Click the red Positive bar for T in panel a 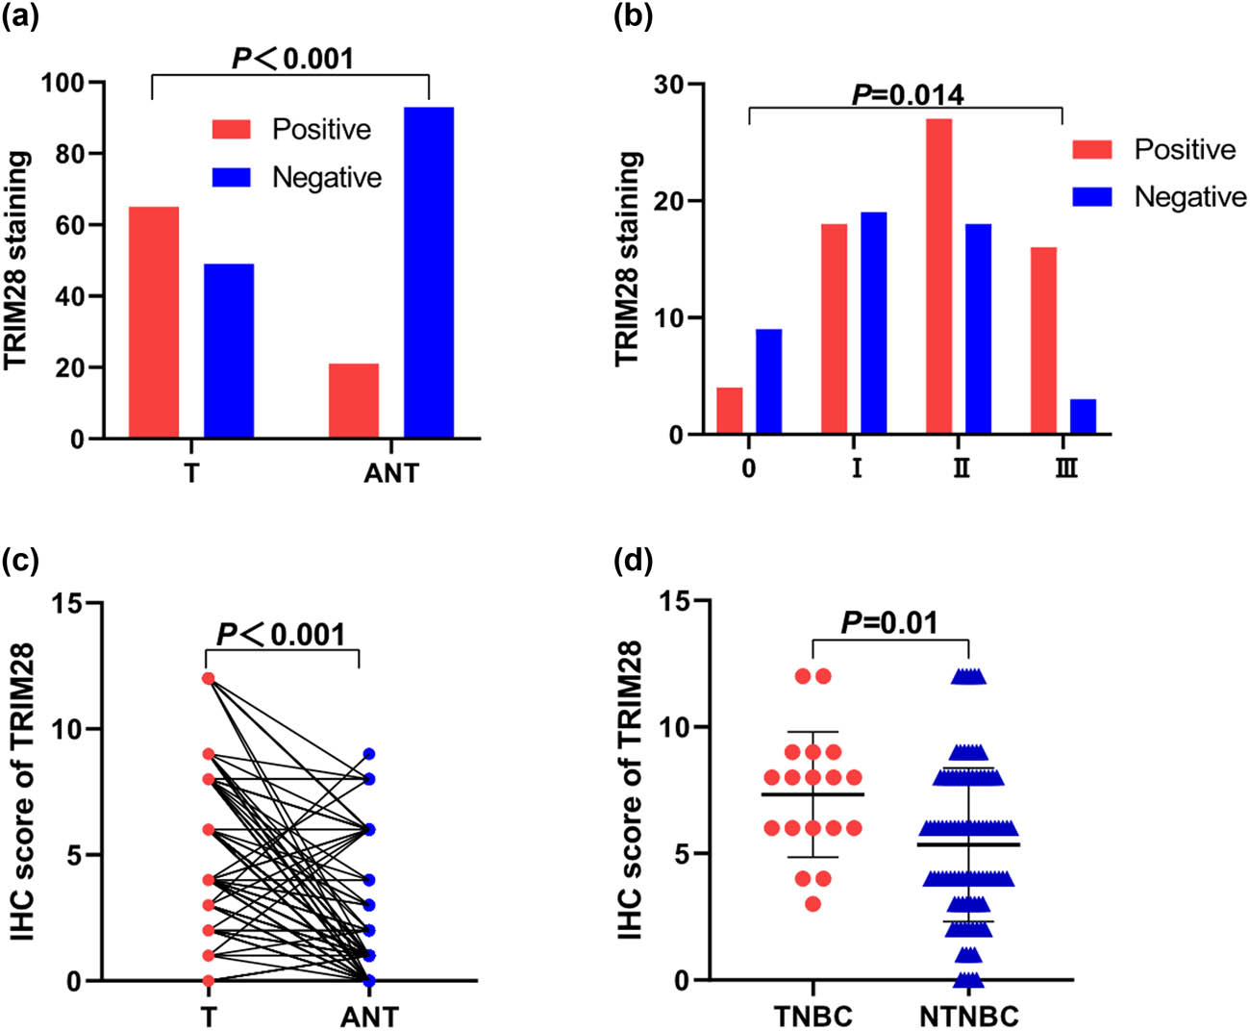pos(153,322)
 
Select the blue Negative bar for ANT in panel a pos(429,272)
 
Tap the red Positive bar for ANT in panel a pos(353,401)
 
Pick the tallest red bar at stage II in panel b pos(938,276)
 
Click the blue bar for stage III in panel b pos(1083,416)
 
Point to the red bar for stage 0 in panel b pos(730,411)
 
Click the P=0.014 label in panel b pos(908,94)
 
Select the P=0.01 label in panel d pos(889,623)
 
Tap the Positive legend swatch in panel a pos(231,129)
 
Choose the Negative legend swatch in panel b pos(1092,197)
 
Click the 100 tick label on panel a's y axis pos(62,83)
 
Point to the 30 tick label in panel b pos(669,85)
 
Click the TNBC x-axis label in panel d pos(813,1016)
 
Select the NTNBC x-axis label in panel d pos(968,1016)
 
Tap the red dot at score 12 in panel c pos(208,678)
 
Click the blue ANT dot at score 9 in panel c pos(369,754)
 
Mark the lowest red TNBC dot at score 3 pos(813,904)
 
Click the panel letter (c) pos(20,559)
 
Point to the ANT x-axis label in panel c pos(369,1016)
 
